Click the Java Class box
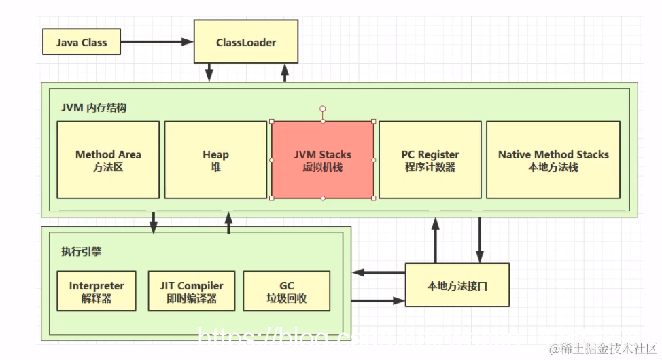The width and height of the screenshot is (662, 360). click(x=82, y=42)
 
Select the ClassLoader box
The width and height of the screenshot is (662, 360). click(x=246, y=42)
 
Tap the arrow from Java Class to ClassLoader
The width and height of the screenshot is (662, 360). click(x=157, y=42)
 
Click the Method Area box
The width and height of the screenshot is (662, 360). click(x=108, y=160)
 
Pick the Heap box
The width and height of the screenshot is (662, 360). click(x=215, y=160)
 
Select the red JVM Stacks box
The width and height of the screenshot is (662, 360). click(x=323, y=160)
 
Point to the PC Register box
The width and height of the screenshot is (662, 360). click(x=430, y=160)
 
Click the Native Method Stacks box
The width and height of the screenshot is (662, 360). click(x=553, y=160)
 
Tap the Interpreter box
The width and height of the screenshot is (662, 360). click(x=96, y=291)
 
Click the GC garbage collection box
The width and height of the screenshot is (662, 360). click(x=286, y=291)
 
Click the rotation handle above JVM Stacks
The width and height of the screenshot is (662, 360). click(x=323, y=109)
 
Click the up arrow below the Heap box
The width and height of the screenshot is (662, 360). click(x=228, y=222)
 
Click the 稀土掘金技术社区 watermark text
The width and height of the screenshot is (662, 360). click(x=602, y=348)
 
